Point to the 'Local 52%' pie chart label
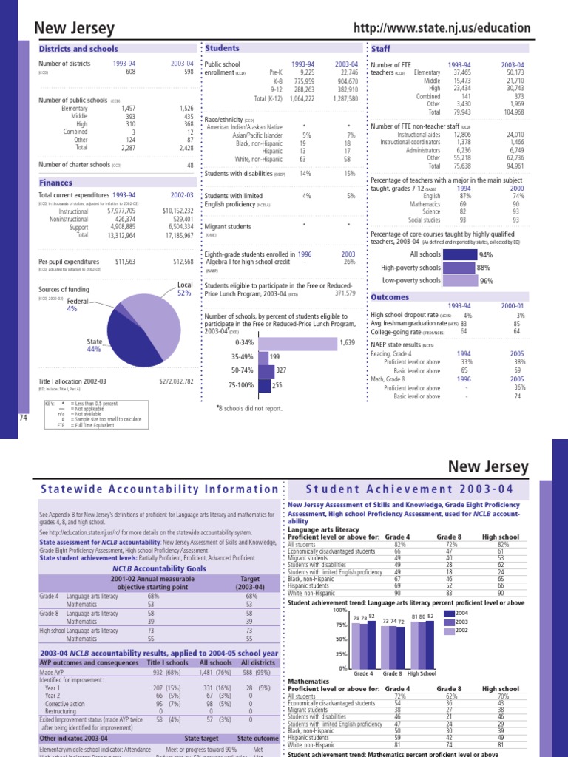click(184, 288)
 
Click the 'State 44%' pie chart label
click(94, 344)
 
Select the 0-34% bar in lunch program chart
click(296, 343)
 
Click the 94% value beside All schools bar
click(486, 254)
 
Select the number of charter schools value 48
click(190, 165)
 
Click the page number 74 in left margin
click(22, 418)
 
